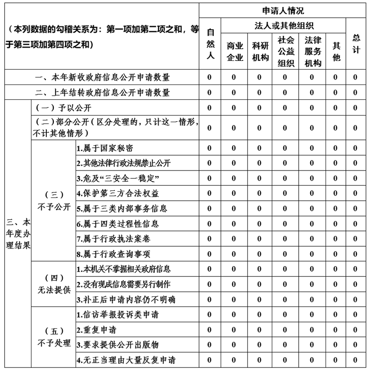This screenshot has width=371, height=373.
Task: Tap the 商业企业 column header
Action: click(x=234, y=51)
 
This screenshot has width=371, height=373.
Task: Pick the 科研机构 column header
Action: click(x=260, y=51)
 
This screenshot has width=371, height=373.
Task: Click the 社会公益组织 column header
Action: click(x=286, y=51)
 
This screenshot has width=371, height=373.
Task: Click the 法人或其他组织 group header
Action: click(x=284, y=26)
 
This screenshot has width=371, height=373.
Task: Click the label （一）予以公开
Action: click(x=63, y=108)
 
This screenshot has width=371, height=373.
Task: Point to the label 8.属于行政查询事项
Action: click(x=114, y=254)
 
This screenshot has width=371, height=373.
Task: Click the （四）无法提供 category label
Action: click(x=54, y=284)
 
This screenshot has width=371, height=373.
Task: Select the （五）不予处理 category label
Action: click(x=54, y=337)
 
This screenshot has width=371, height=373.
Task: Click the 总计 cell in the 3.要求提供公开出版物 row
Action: click(x=355, y=345)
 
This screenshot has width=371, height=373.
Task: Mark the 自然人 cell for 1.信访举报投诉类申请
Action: click(x=210, y=314)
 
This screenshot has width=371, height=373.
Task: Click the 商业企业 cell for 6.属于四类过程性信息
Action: click(x=234, y=224)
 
